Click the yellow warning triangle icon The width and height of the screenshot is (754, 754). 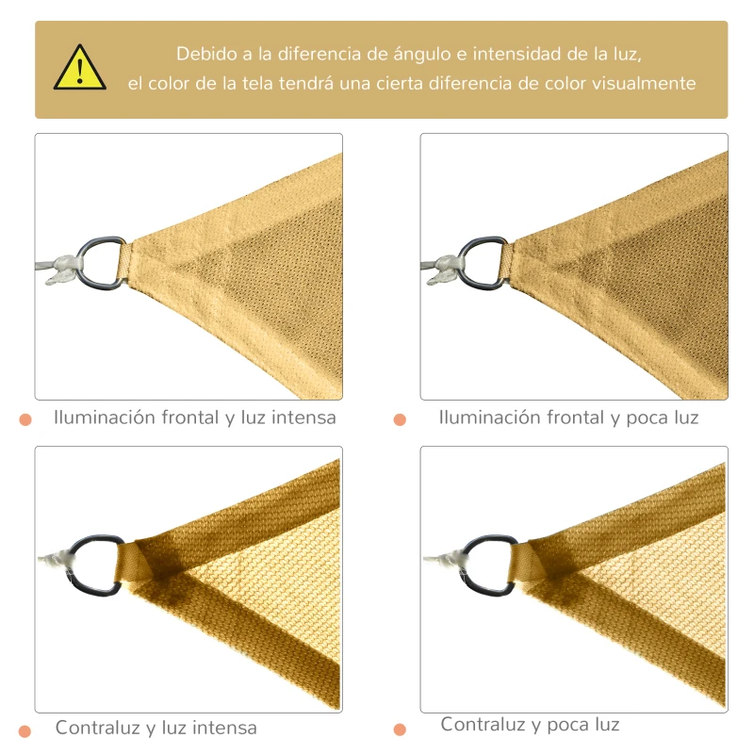tap(79, 69)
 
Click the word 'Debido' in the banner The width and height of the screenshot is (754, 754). tap(202, 54)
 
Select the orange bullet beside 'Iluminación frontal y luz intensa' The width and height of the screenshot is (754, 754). tap(25, 419)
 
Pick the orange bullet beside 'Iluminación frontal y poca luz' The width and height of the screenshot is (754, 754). tap(400, 419)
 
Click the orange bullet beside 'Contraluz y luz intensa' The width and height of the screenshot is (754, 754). tap(25, 730)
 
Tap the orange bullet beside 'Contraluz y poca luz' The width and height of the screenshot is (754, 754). tap(400, 729)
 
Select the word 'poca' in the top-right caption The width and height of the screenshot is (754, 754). tap(647, 417)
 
